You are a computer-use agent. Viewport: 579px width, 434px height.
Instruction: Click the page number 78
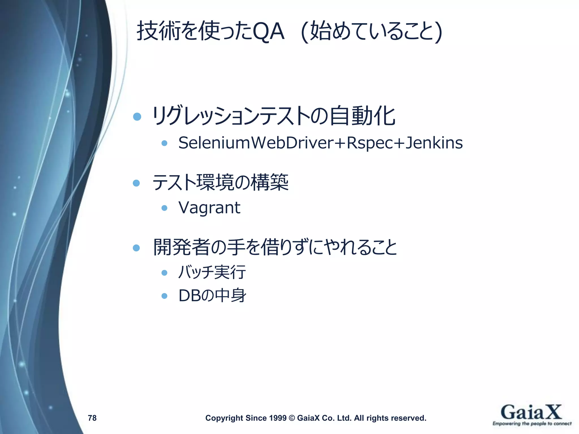click(92, 418)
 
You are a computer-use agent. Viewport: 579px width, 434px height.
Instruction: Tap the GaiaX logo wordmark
click(531, 412)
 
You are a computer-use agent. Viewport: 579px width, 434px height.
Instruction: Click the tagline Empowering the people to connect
click(532, 424)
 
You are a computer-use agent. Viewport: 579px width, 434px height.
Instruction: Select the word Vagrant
click(209, 208)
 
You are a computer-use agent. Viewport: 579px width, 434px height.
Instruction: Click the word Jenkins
click(434, 143)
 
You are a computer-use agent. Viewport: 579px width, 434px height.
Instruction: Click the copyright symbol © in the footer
click(292, 418)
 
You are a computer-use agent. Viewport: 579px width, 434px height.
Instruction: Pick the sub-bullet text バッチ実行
click(212, 272)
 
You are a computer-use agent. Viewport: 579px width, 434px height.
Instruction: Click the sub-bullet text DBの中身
click(212, 296)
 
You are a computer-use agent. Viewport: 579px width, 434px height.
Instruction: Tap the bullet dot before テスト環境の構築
click(137, 183)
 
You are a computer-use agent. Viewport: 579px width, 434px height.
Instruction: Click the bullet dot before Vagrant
click(164, 208)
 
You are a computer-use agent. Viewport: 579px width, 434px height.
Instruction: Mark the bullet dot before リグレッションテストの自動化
click(137, 116)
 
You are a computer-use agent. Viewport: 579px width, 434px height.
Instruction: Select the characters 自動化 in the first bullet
click(362, 116)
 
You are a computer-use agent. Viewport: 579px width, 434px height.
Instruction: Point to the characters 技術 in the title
click(158, 31)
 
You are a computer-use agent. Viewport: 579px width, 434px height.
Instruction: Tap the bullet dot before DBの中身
click(164, 296)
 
